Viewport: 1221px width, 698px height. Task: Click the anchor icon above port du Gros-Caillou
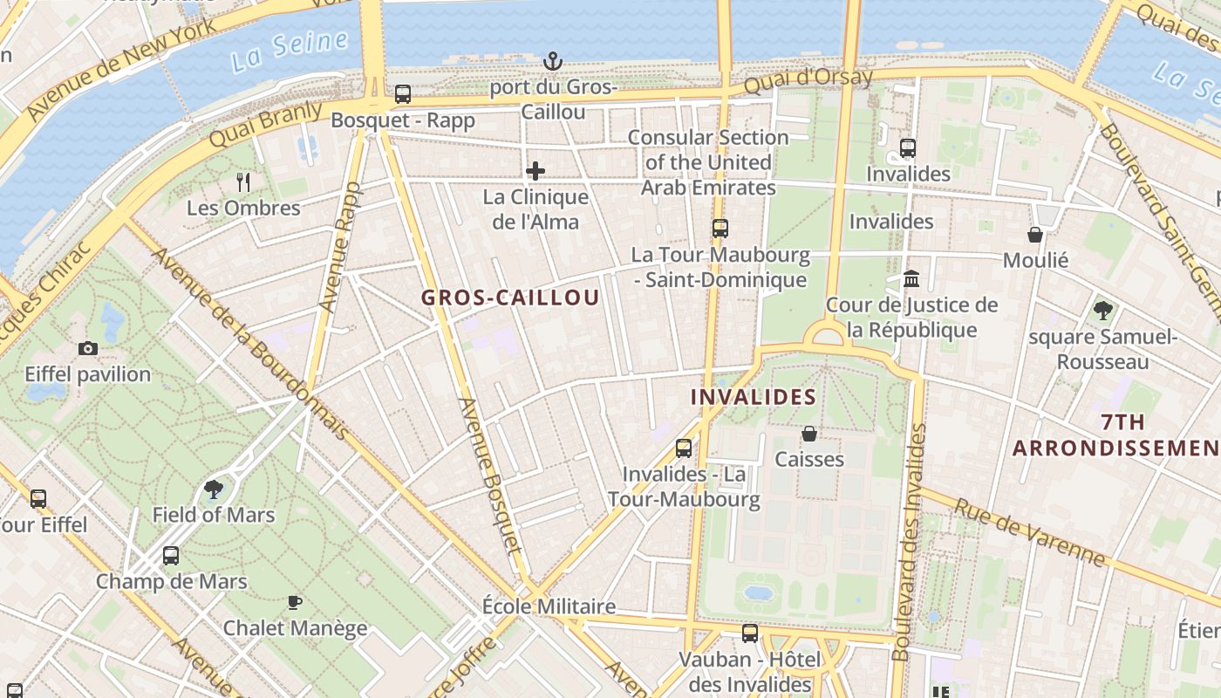click(x=553, y=61)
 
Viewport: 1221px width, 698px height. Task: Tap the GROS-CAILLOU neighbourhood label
click(x=510, y=298)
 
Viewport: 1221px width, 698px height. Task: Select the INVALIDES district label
click(x=754, y=397)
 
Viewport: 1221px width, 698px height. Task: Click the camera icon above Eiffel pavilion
click(x=87, y=348)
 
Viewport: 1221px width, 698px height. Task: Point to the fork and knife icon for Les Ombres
click(x=243, y=181)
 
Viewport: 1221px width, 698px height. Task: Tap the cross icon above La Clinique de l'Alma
click(x=535, y=171)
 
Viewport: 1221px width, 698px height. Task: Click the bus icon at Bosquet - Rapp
click(x=403, y=94)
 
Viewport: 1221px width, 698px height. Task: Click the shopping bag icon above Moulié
click(x=1035, y=234)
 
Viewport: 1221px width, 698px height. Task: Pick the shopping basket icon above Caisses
click(x=809, y=433)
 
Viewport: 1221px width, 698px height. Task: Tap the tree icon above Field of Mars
click(x=214, y=489)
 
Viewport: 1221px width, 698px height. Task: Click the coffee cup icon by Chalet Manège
click(x=295, y=602)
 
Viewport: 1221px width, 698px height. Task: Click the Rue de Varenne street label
click(x=1029, y=532)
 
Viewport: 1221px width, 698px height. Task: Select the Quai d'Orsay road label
click(x=808, y=82)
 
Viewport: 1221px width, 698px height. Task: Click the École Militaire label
click(x=549, y=606)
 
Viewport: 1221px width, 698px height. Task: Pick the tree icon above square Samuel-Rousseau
click(x=1102, y=309)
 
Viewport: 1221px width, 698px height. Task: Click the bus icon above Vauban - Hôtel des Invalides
click(x=750, y=633)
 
